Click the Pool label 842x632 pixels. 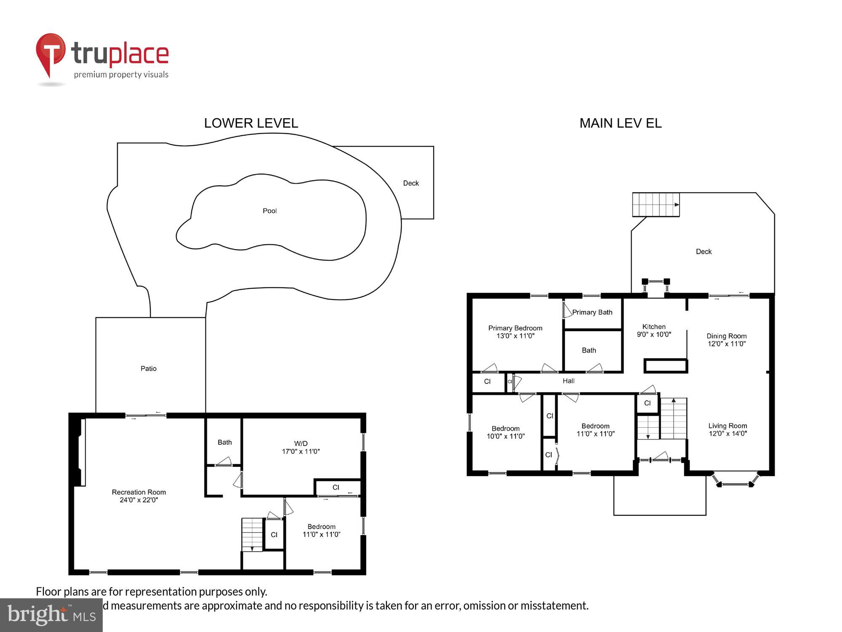(269, 211)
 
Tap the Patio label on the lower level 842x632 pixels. (148, 369)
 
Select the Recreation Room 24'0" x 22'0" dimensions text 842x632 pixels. (139, 500)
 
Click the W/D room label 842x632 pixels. (301, 443)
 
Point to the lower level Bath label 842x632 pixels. (224, 442)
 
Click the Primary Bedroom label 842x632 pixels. (515, 328)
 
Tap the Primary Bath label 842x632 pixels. (592, 312)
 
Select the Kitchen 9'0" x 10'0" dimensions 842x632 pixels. (654, 335)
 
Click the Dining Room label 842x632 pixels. (726, 336)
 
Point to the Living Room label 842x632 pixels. (727, 426)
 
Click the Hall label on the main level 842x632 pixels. (568, 381)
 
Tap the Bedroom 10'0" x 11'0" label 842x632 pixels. (506, 432)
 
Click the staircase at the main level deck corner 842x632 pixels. (655, 205)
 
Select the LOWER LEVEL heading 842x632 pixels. (251, 123)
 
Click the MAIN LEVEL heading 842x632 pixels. (620, 123)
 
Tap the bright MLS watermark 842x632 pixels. (51, 616)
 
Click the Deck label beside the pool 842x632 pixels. (411, 183)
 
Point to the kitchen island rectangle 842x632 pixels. (666, 366)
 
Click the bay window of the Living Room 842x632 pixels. (736, 480)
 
